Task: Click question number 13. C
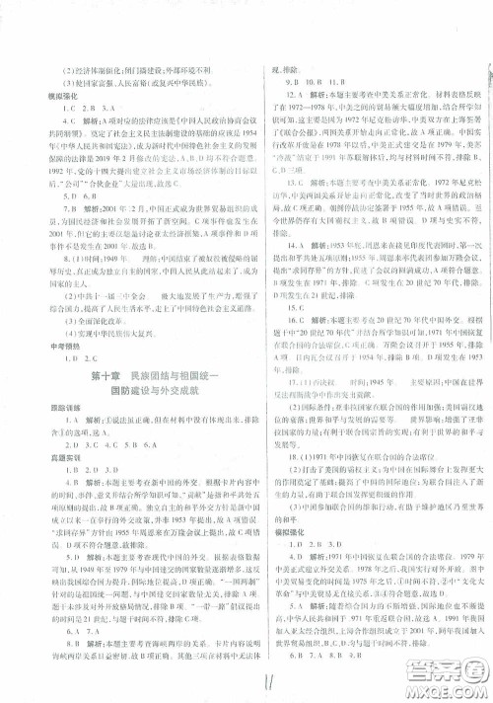point(288,183)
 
